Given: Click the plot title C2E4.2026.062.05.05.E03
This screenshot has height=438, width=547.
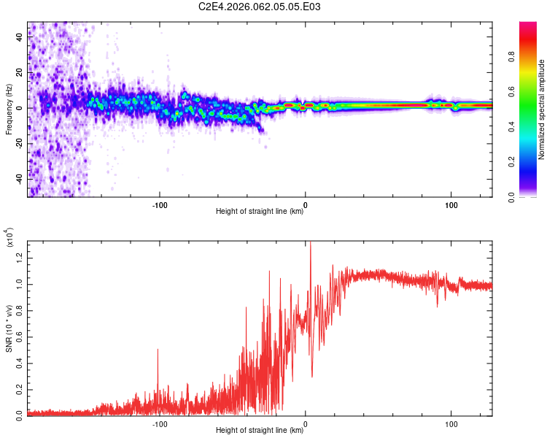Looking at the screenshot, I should pyautogui.click(x=260, y=7).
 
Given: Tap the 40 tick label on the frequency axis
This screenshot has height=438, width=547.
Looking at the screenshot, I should pyautogui.click(x=20, y=38).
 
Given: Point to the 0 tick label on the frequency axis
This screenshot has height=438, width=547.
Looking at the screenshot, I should pyautogui.click(x=20, y=108).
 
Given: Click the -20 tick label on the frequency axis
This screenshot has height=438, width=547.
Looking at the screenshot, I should pyautogui.click(x=20, y=144).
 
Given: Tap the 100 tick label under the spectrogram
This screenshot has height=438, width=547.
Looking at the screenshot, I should pyautogui.click(x=451, y=204).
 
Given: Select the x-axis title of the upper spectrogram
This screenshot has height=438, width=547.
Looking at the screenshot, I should pyautogui.click(x=260, y=212).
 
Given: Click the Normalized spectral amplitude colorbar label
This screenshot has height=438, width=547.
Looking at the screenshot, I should pyautogui.click(x=541, y=109).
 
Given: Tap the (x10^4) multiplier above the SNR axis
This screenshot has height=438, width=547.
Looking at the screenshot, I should pyautogui.click(x=9, y=237).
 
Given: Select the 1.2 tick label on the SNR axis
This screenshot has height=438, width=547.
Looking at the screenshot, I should pyautogui.click(x=20, y=255).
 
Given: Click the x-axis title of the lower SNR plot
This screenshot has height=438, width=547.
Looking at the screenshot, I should pyautogui.click(x=260, y=431).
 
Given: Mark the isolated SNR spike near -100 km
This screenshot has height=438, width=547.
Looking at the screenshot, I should pyautogui.click(x=158, y=351).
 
